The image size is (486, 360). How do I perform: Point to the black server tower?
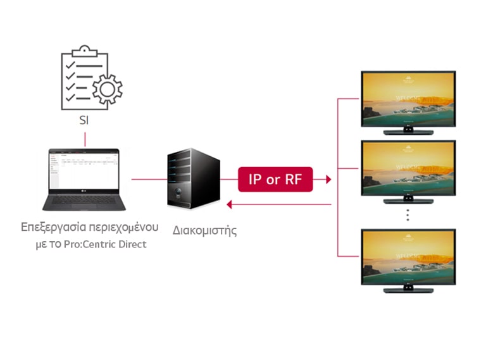[x=194, y=178]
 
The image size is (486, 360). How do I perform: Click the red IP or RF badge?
[x=275, y=180]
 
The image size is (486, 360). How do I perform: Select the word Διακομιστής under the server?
[x=205, y=230]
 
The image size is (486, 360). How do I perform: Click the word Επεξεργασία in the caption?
[x=50, y=226]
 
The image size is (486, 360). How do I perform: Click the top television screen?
[x=408, y=99]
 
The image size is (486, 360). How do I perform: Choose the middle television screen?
[x=408, y=168]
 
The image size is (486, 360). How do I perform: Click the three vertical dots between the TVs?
[x=408, y=214]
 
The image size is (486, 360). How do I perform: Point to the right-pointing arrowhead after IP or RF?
[x=328, y=180]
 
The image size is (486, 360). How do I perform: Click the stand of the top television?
[x=408, y=131]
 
